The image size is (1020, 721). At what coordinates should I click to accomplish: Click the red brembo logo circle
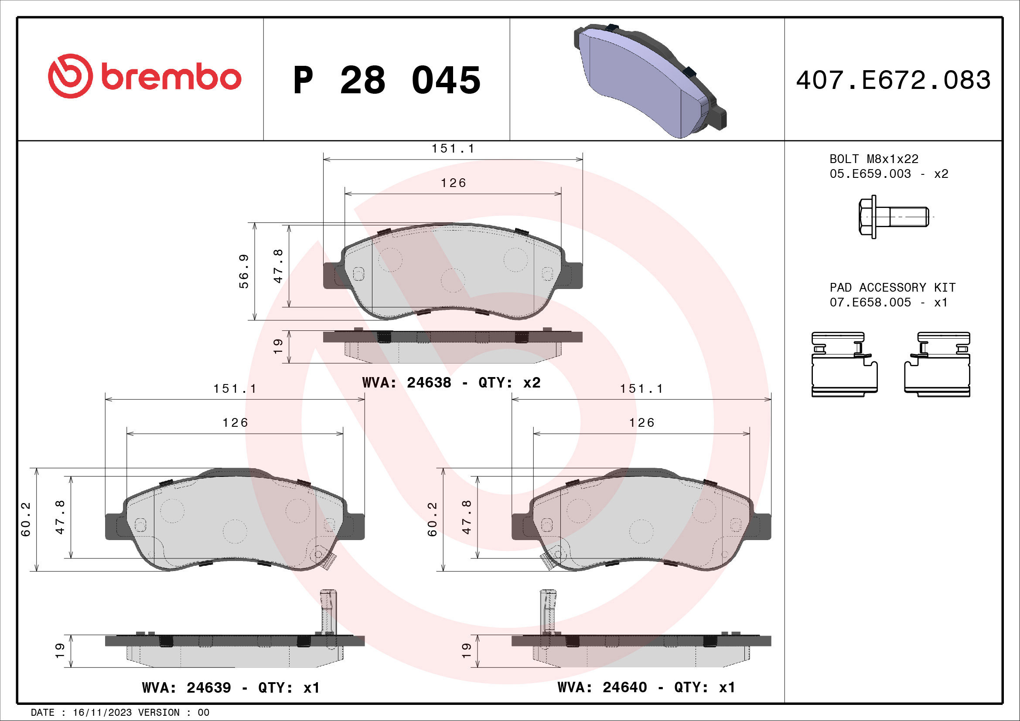point(70,76)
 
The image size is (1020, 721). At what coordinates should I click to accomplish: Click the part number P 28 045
point(386,80)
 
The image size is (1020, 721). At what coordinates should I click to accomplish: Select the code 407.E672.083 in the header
point(893,80)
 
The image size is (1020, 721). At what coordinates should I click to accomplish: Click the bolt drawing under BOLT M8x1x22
point(893,217)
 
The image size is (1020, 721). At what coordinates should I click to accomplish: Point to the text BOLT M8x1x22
point(873,159)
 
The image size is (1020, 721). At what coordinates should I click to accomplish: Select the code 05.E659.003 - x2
point(888,173)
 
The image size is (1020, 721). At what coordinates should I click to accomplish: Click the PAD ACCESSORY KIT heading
point(892,287)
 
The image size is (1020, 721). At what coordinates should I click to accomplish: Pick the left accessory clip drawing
point(844,364)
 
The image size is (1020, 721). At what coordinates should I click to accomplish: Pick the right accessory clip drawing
point(938,364)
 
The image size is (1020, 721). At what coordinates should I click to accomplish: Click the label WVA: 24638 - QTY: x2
point(451,382)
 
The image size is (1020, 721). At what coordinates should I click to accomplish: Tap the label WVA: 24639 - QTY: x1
point(231,687)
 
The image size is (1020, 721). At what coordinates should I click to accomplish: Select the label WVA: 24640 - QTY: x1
point(646,687)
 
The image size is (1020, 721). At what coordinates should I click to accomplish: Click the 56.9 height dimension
point(244,271)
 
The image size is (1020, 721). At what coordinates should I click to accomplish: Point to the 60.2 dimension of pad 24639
point(26,519)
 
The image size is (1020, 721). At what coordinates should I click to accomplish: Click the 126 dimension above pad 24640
point(641,422)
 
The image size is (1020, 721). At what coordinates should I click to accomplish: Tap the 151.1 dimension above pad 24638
point(453,148)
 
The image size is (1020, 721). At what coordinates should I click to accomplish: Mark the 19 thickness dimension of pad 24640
point(466,650)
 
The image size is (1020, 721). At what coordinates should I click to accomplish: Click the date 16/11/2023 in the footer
point(102,713)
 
